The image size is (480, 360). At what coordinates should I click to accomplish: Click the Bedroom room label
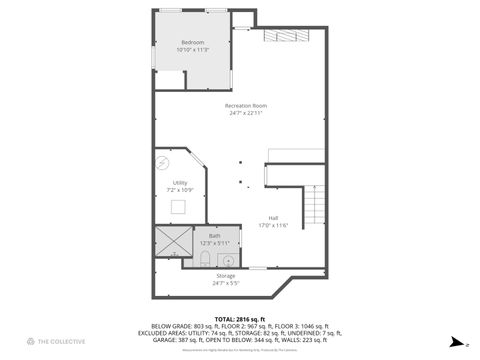point(192,43)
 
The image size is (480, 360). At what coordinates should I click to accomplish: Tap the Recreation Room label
point(245,105)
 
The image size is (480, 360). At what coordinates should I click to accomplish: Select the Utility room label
point(180,182)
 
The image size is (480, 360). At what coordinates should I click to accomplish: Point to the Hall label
point(273,218)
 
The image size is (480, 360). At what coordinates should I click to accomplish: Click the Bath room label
point(215,236)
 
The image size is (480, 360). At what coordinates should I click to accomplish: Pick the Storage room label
point(226,275)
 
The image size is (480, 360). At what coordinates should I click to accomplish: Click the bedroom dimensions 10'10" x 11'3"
point(192,50)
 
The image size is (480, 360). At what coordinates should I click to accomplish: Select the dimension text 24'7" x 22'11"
point(245,112)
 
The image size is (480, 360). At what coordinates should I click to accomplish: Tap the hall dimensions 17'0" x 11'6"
point(273,225)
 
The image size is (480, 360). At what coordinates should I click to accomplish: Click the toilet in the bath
point(203,260)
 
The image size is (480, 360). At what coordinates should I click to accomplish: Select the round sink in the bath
point(229,260)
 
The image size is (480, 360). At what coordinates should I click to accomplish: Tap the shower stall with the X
point(172,243)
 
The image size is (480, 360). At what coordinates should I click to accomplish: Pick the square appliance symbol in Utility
point(178,207)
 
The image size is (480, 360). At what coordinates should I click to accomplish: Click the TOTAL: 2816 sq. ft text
point(239,318)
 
